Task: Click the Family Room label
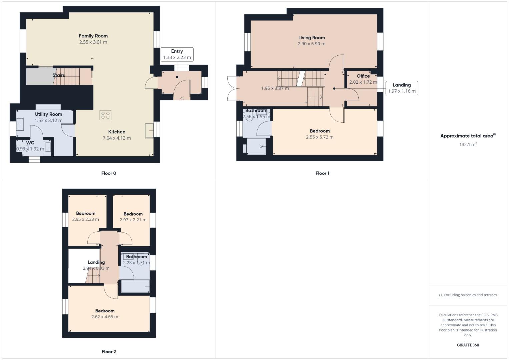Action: (93, 36)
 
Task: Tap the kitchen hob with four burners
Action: (105, 115)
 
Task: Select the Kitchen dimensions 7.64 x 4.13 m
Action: (117, 138)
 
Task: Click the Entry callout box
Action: (177, 54)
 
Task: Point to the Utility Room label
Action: (48, 114)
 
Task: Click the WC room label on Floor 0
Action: (30, 143)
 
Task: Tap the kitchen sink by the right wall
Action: (149, 130)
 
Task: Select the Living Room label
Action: (311, 38)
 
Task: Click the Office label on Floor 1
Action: (363, 76)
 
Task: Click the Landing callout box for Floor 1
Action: (401, 88)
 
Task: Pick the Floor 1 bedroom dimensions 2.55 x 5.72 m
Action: (319, 137)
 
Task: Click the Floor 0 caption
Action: (109, 173)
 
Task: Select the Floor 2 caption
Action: (109, 352)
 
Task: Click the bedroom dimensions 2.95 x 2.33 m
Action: (85, 220)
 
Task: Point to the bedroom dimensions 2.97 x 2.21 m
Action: (133, 220)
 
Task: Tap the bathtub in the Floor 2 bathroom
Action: (135, 286)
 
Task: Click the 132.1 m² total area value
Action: (468, 144)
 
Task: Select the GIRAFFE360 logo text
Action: (468, 345)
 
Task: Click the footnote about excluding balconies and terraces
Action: (468, 295)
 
